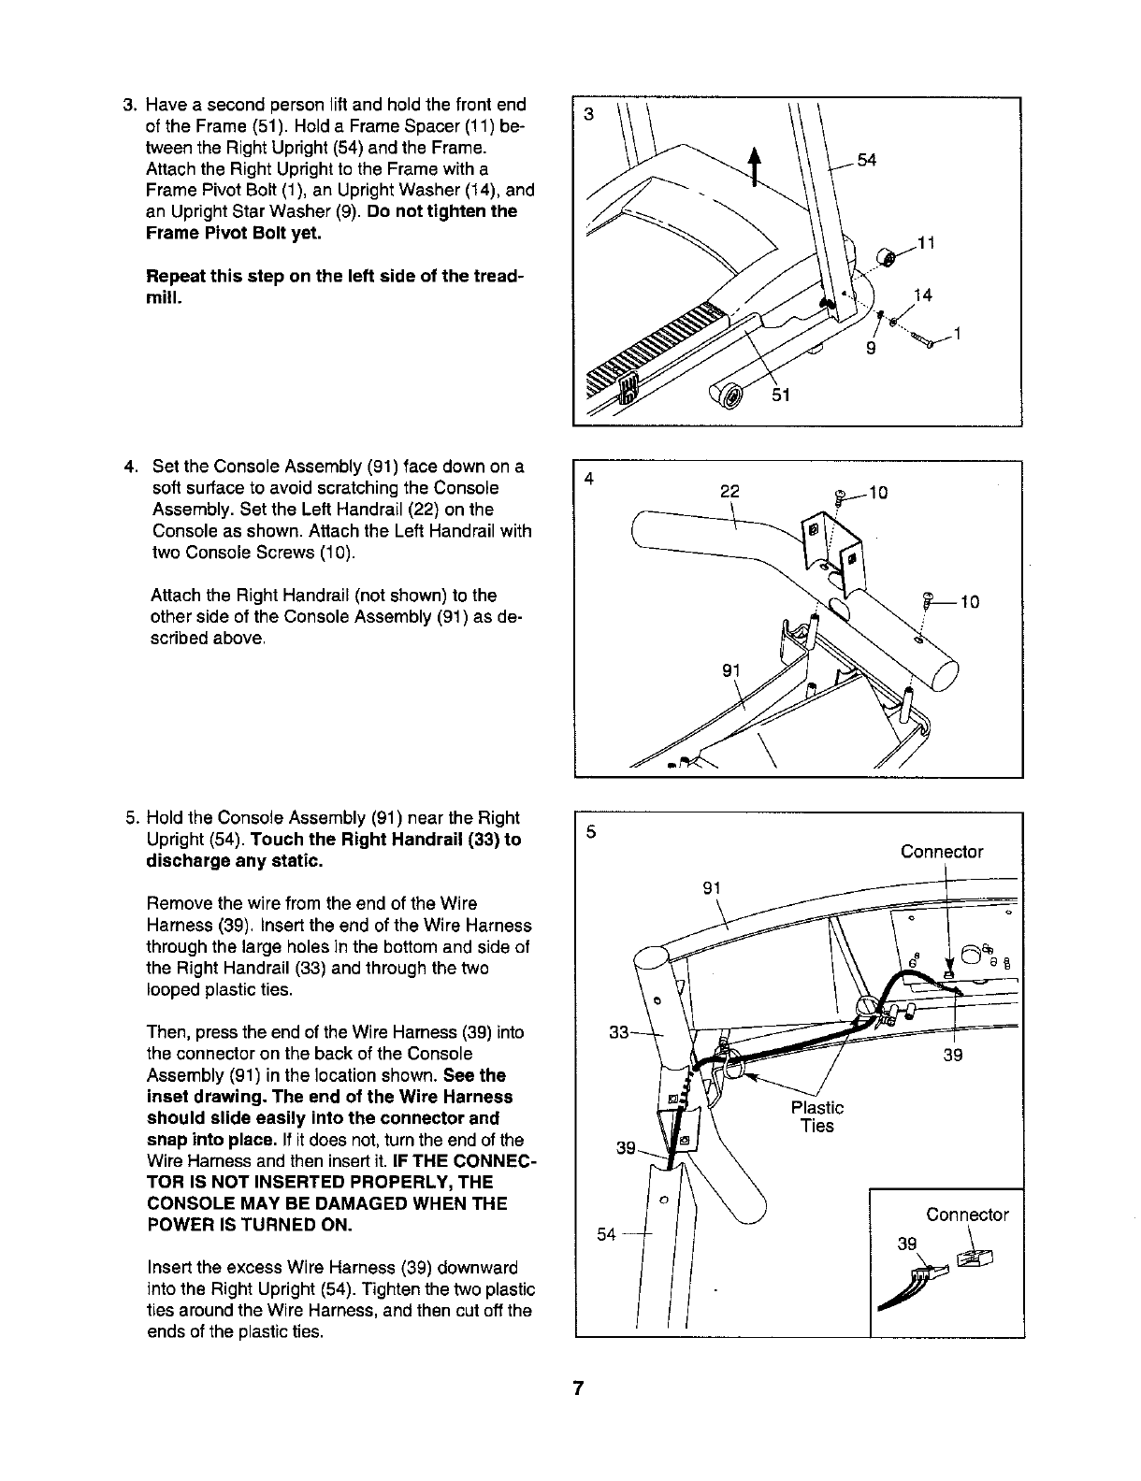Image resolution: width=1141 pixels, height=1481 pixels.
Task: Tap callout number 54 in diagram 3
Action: tap(866, 160)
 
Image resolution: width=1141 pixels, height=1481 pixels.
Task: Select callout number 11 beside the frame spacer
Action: tap(926, 245)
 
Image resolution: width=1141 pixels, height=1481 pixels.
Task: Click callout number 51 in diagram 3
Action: tap(783, 395)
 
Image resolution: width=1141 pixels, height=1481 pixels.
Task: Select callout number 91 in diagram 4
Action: tap(730, 669)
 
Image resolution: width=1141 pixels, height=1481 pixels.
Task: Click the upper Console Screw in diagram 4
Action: tap(840, 499)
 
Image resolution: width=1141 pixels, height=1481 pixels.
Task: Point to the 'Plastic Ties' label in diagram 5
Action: tap(816, 1116)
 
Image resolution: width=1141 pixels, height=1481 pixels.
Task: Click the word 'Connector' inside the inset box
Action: tap(967, 1215)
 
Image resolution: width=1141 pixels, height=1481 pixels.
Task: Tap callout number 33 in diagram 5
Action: tap(619, 1033)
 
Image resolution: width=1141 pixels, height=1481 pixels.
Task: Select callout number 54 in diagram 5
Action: tap(606, 1234)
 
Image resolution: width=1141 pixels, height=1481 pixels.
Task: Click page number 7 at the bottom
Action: tap(579, 1388)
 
